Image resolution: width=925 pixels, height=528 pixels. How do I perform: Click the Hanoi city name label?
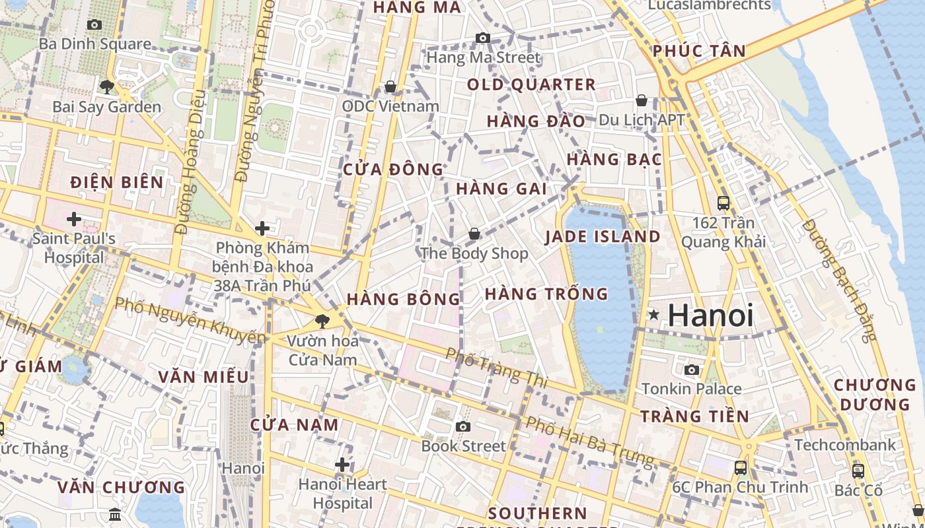coord(710,315)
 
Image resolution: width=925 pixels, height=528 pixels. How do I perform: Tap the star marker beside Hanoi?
coord(654,315)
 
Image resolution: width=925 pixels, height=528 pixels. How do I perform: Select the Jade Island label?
coord(603,237)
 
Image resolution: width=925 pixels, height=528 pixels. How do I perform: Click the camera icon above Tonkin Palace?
coord(692,370)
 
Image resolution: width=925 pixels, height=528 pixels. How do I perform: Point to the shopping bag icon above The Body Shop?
coord(474,234)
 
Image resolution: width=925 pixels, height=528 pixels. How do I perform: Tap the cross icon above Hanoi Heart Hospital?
coord(342,465)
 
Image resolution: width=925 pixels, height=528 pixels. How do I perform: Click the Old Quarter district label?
coord(531,84)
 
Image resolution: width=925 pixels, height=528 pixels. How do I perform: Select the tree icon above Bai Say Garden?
coord(106,86)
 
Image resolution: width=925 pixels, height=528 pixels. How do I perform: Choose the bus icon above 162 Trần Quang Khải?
coord(723,203)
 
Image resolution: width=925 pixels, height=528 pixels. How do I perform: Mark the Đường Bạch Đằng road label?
coord(838,281)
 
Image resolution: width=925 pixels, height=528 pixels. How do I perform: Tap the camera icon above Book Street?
coord(463,426)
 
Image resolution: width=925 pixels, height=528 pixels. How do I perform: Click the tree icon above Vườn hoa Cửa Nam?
coord(322,321)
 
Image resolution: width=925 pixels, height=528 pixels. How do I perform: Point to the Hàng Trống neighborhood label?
coord(546,294)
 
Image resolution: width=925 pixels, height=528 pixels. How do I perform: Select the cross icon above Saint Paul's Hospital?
coord(74,218)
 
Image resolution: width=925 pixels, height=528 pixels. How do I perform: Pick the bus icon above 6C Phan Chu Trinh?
coord(741,468)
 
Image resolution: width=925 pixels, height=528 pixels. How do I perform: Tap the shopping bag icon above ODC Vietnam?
coord(390,86)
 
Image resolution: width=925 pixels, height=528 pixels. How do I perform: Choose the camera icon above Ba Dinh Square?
coord(94,24)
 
